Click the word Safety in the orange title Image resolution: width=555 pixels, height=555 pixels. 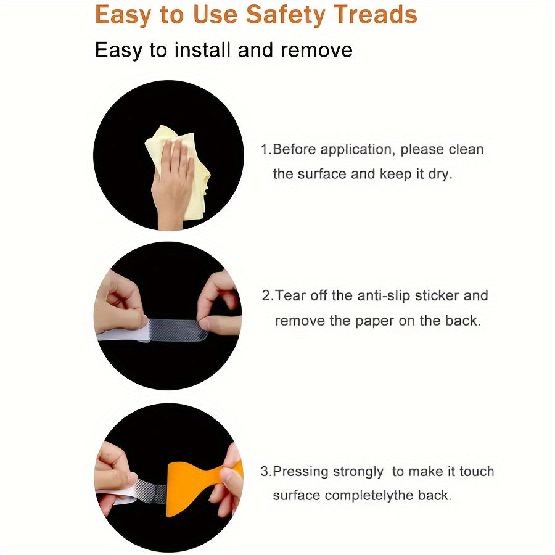286,15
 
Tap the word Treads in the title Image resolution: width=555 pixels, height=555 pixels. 376,15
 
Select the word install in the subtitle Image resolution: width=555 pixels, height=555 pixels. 202,49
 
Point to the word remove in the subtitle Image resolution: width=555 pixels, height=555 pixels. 316,50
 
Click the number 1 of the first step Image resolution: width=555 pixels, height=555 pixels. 265,149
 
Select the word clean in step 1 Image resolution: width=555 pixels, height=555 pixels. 466,149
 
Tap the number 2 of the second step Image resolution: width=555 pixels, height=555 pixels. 266,295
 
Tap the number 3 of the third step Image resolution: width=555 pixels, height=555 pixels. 265,472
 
